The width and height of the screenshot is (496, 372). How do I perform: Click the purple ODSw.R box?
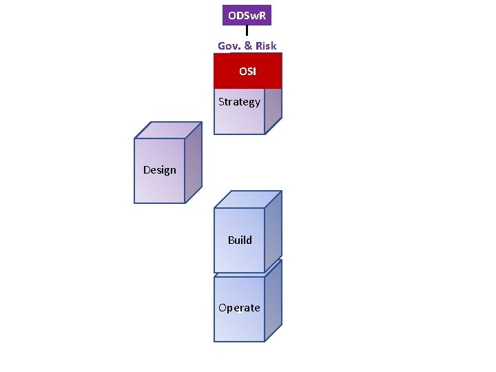point(247,14)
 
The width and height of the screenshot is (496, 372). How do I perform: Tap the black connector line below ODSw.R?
point(247,30)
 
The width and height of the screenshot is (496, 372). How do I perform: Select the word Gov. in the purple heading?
point(229,46)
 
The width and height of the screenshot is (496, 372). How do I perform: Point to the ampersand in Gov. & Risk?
point(248,46)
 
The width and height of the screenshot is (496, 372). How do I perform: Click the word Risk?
point(265,46)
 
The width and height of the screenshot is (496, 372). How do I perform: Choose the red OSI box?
point(247,71)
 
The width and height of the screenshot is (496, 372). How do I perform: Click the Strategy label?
point(239,102)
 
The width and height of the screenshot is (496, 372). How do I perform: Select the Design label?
point(160,170)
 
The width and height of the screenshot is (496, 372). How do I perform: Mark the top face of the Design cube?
point(168,130)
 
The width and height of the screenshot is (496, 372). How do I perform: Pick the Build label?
point(240,240)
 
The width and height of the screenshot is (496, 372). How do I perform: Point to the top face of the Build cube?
point(248,199)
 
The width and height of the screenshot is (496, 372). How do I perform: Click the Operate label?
point(239,308)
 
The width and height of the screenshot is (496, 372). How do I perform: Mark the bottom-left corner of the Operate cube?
point(215,341)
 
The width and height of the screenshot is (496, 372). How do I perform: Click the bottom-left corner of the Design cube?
point(135,203)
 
